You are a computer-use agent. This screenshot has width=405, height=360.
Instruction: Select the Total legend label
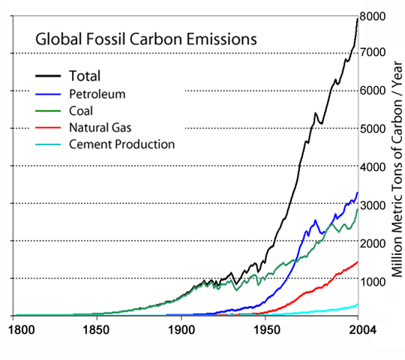pos(85,76)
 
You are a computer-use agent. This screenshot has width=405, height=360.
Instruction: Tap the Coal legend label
pos(81,110)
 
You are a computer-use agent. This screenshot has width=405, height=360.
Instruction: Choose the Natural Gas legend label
pos(99,127)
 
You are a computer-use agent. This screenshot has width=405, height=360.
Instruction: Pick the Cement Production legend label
pos(121,144)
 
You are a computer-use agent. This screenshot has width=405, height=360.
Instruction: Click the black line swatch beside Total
pos(49,76)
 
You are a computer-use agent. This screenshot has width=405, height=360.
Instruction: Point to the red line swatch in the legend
pos(49,127)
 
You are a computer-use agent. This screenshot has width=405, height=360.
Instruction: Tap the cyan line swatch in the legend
pos(49,145)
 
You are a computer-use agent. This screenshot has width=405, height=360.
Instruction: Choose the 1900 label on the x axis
pos(181,328)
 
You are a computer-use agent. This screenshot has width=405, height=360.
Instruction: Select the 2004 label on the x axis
pos(357,328)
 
